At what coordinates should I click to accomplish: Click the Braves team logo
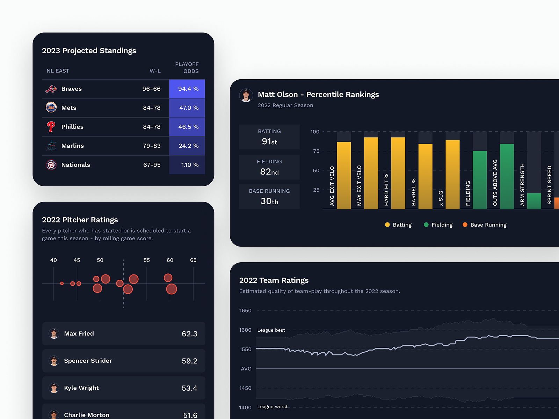point(51,89)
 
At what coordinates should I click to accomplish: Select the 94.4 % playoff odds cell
point(187,89)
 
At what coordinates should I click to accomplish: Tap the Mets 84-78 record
point(152,108)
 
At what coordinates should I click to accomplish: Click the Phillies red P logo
point(51,127)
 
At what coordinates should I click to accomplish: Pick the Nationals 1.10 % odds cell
point(187,165)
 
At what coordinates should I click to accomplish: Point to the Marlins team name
point(72,146)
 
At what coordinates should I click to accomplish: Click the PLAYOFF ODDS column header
point(187,68)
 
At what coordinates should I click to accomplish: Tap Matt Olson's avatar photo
point(246,95)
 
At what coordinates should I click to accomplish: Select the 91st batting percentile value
point(269,141)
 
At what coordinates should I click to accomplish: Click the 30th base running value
point(269,201)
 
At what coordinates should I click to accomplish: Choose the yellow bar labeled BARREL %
point(425,176)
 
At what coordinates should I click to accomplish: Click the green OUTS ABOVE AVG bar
point(507,176)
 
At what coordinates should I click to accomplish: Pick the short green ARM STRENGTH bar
point(534,201)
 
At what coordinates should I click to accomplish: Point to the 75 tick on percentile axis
point(316,151)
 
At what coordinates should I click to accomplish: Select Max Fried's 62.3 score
point(189,334)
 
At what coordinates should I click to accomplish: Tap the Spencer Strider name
point(88,361)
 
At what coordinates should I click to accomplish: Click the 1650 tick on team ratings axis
point(245,310)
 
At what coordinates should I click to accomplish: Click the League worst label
point(273,407)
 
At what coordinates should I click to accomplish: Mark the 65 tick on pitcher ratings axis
point(193,260)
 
